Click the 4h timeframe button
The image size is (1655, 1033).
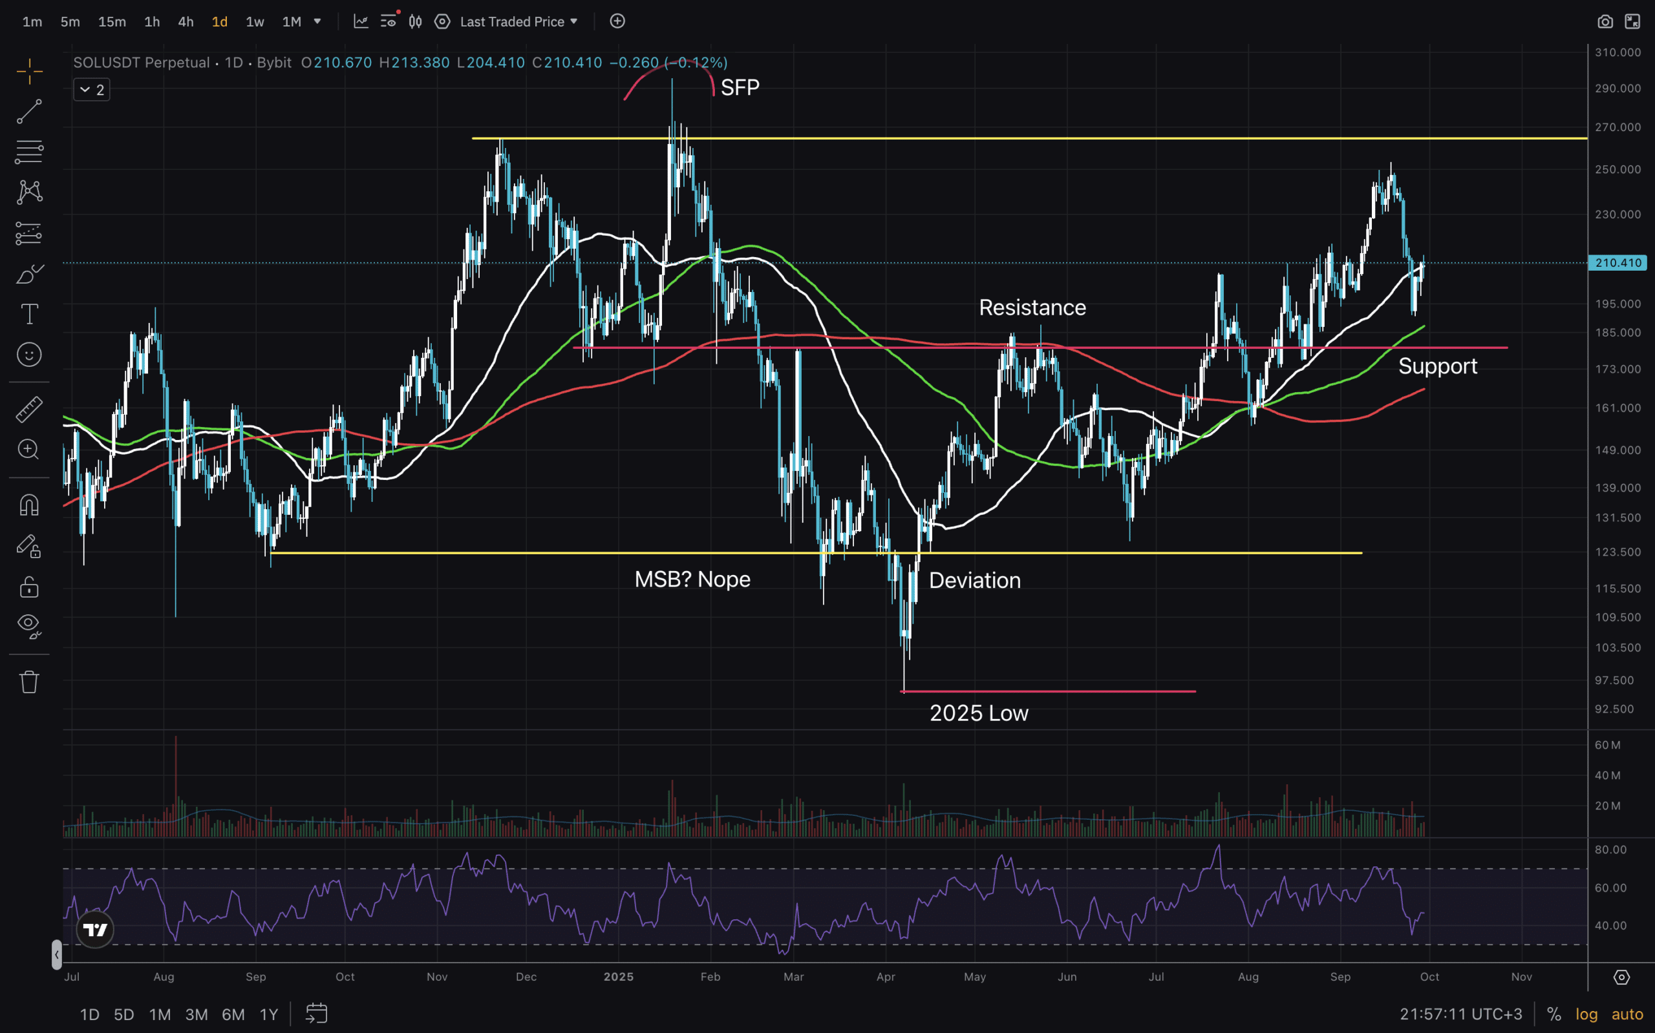coord(186,22)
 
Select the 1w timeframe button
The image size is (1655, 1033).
coord(254,22)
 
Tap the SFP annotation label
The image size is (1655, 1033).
coord(740,87)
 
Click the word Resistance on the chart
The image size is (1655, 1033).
coord(1032,308)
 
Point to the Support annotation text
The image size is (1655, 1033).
coord(1437,366)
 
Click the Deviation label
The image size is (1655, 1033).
coord(974,580)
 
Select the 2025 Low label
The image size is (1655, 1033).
coord(978,713)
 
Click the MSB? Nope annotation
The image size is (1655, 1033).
coord(692,579)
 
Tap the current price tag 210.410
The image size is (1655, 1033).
coord(1618,263)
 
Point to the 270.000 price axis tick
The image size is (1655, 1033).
coord(1617,128)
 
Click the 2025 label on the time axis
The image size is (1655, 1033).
coord(618,976)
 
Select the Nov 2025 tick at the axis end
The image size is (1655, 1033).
coord(1521,976)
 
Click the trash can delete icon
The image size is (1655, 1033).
coord(28,682)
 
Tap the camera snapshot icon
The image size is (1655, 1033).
coord(1605,22)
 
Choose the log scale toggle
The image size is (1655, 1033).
coord(1586,1014)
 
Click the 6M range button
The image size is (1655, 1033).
coord(233,1014)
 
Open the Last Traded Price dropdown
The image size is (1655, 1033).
coord(519,22)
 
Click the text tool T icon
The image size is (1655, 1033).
coord(29,314)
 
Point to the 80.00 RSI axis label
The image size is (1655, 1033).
coord(1610,850)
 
